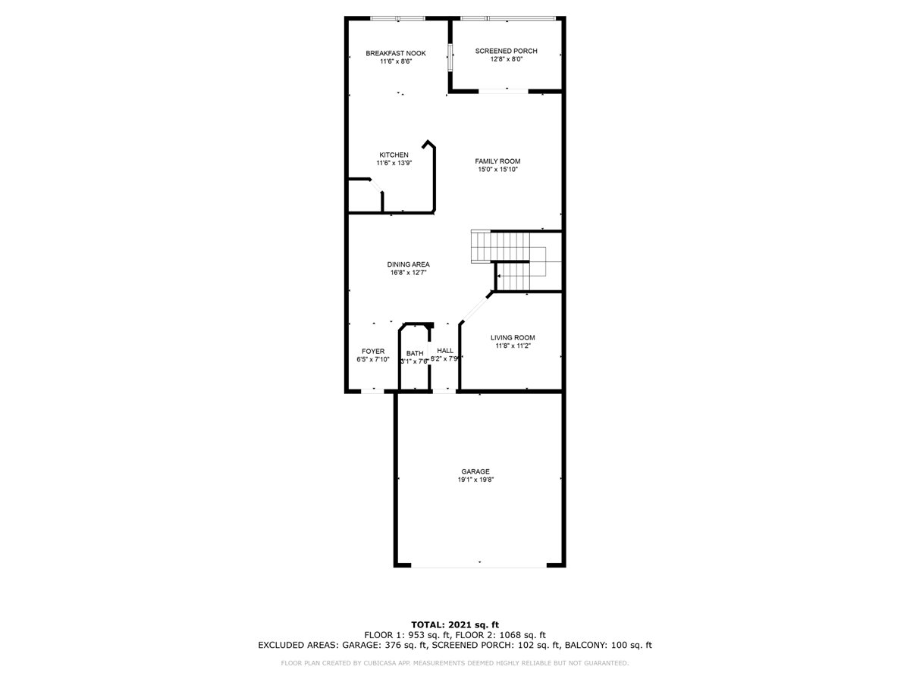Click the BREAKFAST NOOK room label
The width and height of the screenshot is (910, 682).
click(395, 53)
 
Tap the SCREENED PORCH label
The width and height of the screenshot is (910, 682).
click(506, 51)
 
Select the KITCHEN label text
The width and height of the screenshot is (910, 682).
click(394, 155)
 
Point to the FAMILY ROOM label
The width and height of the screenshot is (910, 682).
click(497, 161)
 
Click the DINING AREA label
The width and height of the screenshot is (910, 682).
click(408, 264)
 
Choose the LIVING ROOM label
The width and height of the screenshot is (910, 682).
click(513, 337)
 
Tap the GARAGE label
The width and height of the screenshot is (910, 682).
click(475, 471)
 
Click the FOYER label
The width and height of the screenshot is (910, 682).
click(372, 352)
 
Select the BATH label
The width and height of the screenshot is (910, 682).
click(415, 353)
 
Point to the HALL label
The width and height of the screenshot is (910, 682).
click(445, 351)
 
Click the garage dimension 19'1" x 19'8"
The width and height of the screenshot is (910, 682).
click(475, 480)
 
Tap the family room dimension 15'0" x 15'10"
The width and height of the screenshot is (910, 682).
click(497, 170)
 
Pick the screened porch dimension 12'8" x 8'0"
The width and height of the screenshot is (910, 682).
click(506, 59)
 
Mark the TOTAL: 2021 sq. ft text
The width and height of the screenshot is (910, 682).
click(454, 624)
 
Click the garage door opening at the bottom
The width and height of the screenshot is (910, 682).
click(479, 565)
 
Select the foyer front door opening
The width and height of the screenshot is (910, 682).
click(372, 391)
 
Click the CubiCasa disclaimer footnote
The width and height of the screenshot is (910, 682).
click(454, 663)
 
